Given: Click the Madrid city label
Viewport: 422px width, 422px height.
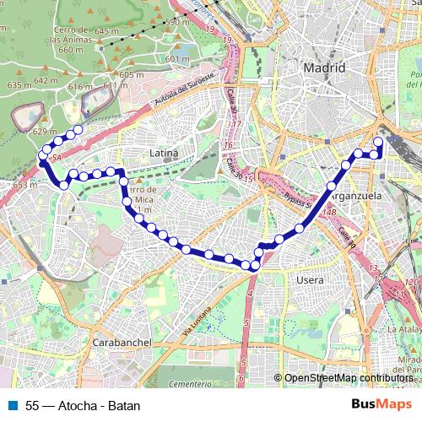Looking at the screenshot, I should (x=325, y=68).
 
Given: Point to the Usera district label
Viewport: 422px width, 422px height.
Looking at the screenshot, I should (x=311, y=278).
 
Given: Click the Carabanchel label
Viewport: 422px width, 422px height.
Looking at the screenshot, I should (x=122, y=343).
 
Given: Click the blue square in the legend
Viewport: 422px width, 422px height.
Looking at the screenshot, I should (x=13, y=405).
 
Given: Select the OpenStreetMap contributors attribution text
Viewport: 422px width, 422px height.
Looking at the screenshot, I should (x=348, y=379).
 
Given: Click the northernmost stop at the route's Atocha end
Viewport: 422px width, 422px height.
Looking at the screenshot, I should (x=377, y=142).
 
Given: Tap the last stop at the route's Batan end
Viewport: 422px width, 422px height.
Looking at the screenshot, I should (x=78, y=130).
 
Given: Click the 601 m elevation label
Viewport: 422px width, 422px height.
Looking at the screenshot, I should (x=176, y=59).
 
